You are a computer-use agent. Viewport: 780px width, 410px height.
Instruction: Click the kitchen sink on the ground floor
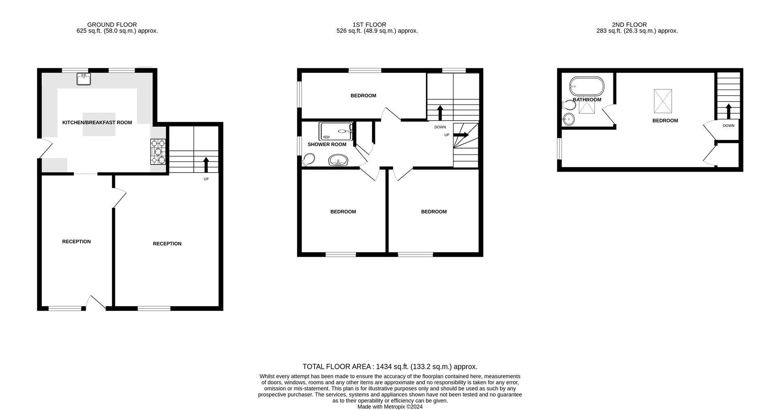84,79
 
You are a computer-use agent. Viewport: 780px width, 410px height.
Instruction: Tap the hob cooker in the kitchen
158,151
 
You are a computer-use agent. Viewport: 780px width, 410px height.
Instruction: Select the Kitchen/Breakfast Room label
97,122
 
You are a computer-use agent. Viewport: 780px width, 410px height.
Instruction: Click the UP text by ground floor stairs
206,179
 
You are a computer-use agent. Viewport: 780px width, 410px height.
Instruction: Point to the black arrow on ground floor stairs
206,164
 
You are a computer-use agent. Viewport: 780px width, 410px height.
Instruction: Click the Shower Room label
327,145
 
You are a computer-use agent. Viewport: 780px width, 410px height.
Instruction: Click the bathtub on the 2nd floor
587,86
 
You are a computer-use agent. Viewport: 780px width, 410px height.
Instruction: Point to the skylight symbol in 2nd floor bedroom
663,101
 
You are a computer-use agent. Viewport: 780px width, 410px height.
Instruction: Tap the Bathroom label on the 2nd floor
587,100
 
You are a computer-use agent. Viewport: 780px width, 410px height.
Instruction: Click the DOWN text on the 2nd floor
728,126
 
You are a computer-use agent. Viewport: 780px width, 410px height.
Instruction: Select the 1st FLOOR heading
369,25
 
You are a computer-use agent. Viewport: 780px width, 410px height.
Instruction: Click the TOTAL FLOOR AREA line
390,367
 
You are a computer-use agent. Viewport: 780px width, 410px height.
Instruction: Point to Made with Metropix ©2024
390,406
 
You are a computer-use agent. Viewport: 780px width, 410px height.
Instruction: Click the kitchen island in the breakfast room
99,124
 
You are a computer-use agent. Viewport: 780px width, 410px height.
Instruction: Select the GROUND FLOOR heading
112,25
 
